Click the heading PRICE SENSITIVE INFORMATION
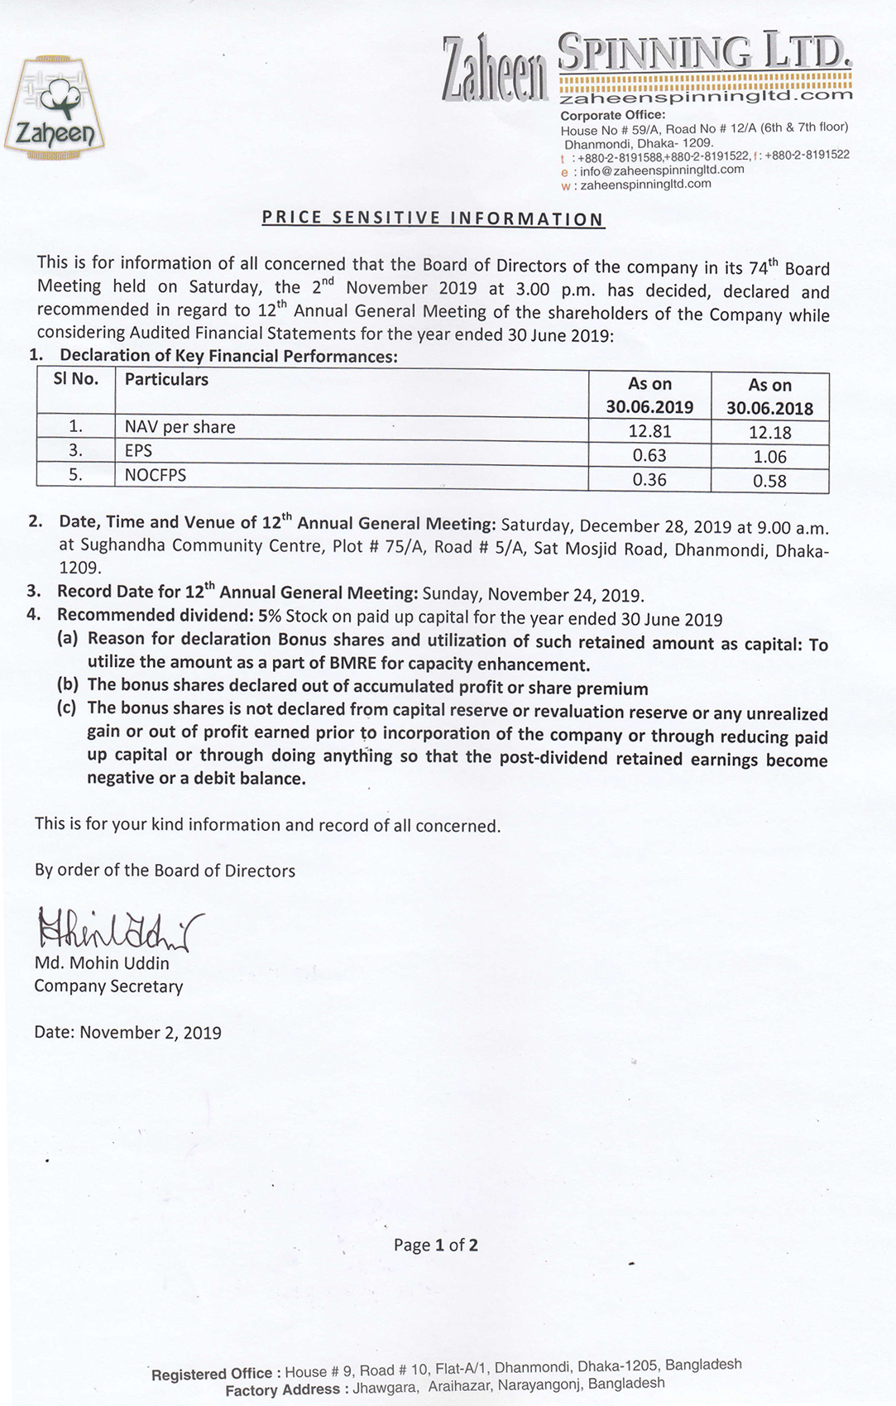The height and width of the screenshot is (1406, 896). tap(433, 218)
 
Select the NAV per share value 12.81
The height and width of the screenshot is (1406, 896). tap(649, 430)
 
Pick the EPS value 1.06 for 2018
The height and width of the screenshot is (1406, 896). tap(769, 457)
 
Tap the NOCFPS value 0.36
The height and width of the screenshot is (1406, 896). tap(649, 480)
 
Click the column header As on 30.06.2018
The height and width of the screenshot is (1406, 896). tap(769, 396)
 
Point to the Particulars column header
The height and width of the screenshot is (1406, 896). tap(166, 380)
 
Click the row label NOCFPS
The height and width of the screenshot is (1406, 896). tap(156, 475)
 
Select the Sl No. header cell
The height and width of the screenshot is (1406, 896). tap(75, 380)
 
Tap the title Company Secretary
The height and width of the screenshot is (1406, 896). tap(108, 986)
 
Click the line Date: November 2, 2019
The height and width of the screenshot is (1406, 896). tap(127, 1033)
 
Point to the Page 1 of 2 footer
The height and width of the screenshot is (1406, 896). tap(435, 1245)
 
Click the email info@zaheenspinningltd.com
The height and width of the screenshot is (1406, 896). tap(661, 170)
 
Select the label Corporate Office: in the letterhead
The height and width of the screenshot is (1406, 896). tap(612, 115)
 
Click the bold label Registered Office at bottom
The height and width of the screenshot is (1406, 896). tap(213, 1375)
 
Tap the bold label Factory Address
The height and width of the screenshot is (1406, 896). tap(282, 1390)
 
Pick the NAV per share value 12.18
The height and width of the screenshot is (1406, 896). tap(769, 432)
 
